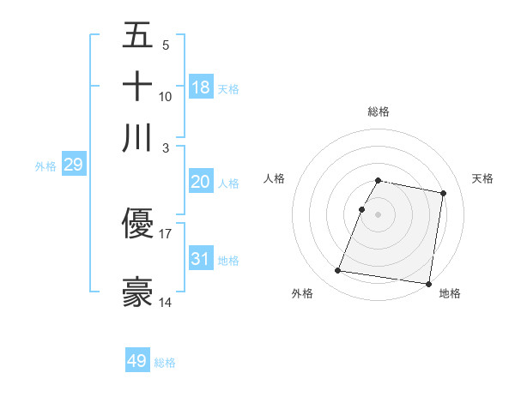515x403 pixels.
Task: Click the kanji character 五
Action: [x=137, y=37]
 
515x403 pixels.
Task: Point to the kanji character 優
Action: [x=137, y=225]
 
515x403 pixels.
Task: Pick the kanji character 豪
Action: [x=137, y=292]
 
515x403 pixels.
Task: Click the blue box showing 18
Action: [x=201, y=87]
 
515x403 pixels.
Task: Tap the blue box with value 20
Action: [x=200, y=182]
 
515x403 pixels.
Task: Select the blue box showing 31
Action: [x=200, y=258]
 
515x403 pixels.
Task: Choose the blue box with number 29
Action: [x=73, y=165]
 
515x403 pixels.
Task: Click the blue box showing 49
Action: [x=137, y=361]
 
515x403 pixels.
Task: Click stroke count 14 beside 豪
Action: [x=166, y=302]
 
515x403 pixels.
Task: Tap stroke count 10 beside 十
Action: [x=166, y=96]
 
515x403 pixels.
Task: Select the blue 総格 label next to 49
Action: [x=165, y=363]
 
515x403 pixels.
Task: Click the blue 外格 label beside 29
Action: [x=45, y=166]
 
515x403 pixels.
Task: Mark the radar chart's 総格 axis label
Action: [x=379, y=111]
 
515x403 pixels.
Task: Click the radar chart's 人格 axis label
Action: [x=274, y=178]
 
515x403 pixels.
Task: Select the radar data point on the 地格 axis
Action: [x=428, y=283]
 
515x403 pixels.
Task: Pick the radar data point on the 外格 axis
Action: [x=338, y=271]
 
